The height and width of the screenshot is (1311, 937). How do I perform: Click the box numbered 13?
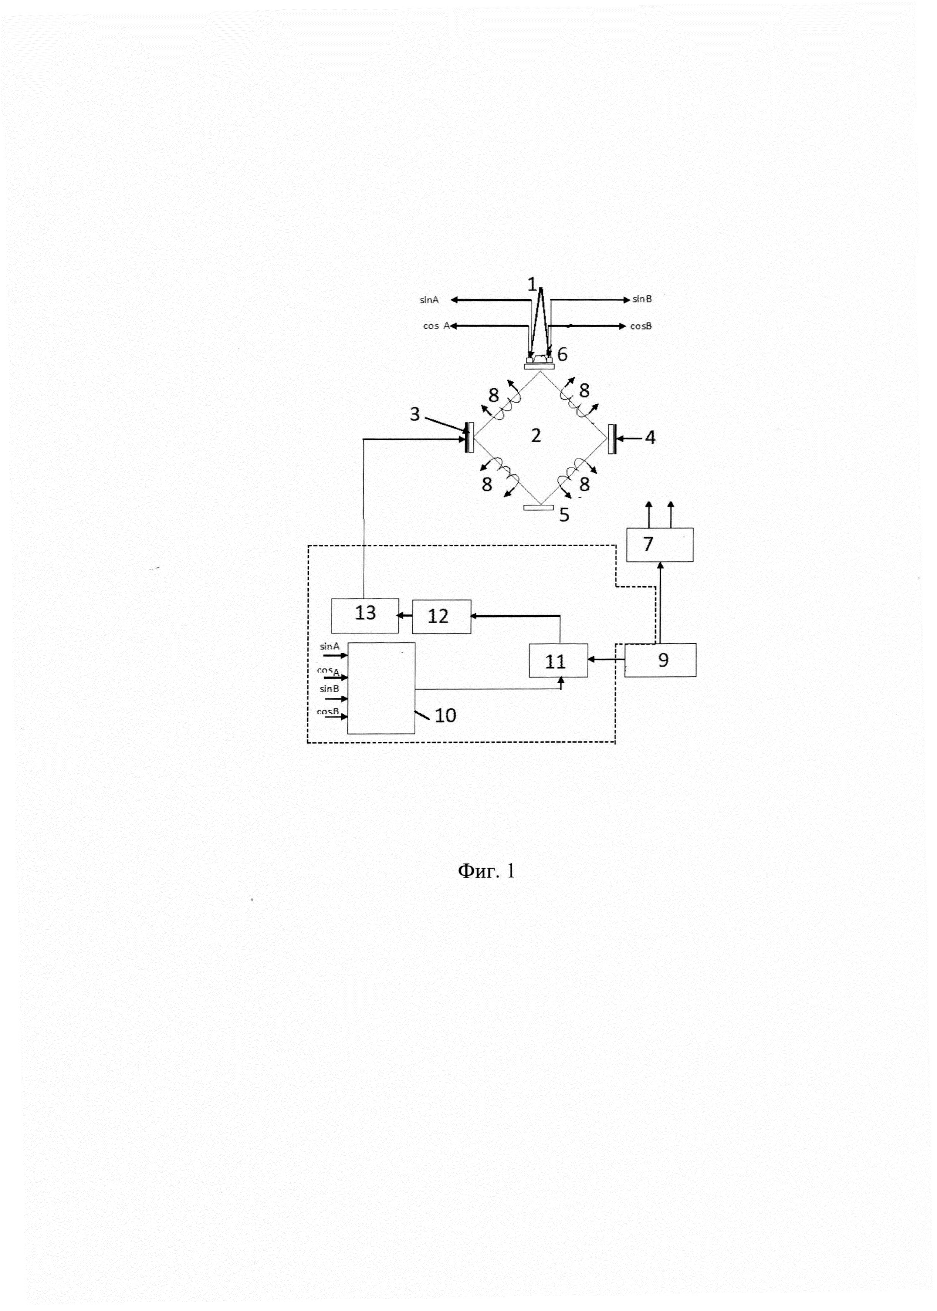point(365,616)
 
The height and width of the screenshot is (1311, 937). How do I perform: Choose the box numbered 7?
point(659,545)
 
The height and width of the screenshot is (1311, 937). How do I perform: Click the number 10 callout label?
point(445,716)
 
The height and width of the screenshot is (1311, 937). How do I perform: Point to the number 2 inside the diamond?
point(536,436)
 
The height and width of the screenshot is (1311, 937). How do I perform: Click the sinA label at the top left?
point(429,300)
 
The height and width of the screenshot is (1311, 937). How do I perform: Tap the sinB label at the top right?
point(642,299)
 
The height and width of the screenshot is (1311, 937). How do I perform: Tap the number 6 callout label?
point(562,354)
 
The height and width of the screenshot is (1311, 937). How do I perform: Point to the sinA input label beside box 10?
point(329,647)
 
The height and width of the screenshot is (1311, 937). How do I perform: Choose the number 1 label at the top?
point(532,284)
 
